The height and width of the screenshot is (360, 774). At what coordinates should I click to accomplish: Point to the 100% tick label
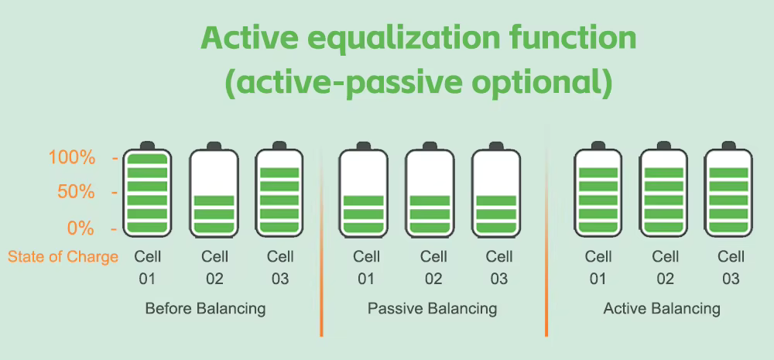click(72, 158)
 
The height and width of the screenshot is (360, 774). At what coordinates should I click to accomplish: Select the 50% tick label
click(76, 192)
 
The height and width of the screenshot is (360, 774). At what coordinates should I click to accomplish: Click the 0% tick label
click(80, 228)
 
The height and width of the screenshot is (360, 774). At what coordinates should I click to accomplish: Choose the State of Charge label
click(63, 257)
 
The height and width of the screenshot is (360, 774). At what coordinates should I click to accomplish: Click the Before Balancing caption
click(205, 309)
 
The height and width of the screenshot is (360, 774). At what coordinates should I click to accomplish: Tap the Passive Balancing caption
click(433, 309)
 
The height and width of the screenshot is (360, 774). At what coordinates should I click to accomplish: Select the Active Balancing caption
click(662, 309)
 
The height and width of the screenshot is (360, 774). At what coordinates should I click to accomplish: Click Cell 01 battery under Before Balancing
click(147, 189)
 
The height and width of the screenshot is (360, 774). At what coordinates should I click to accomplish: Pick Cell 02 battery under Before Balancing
click(214, 189)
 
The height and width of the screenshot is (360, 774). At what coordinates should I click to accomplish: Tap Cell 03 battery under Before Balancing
click(279, 189)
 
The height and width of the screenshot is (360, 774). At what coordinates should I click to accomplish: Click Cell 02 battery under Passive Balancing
click(430, 189)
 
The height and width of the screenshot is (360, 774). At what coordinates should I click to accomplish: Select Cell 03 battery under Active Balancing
click(728, 189)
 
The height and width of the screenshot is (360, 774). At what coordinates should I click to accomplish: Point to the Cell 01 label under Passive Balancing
click(366, 268)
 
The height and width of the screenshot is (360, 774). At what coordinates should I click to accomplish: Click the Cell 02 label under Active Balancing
click(665, 268)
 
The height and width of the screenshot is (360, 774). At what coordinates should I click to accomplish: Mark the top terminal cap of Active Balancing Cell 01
click(598, 146)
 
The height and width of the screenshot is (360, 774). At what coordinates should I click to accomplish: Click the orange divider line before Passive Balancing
click(321, 242)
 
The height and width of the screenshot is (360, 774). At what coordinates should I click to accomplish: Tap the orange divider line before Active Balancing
click(546, 232)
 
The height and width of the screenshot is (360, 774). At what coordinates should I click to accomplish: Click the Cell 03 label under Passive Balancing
click(499, 268)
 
